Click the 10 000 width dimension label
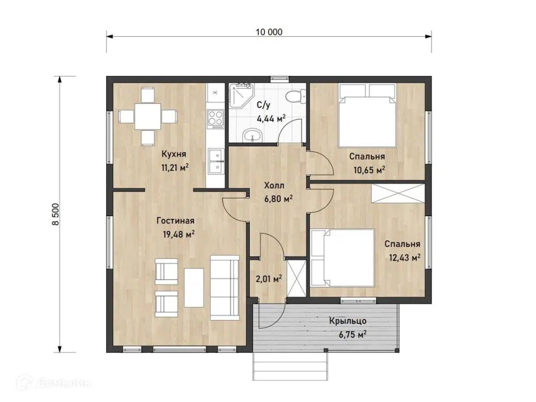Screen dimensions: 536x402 pos(269,32)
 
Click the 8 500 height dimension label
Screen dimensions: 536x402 pos(55,214)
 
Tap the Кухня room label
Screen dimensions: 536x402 pos(174,154)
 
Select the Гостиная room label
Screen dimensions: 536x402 pos(175,221)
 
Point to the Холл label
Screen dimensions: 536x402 pos(274,186)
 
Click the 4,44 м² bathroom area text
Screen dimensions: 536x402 pos(271,119)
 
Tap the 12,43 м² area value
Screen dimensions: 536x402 pos(405,258)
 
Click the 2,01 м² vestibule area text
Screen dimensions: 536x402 pos(269,279)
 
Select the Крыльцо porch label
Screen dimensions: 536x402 pos(348,321)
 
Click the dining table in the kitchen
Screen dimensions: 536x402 pos(148,116)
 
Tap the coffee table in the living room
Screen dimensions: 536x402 pos(194,287)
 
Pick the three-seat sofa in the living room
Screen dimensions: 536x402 pos(225,287)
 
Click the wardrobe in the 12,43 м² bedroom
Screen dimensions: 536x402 pos(397,194)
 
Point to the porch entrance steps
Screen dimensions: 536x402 pos(290,366)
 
